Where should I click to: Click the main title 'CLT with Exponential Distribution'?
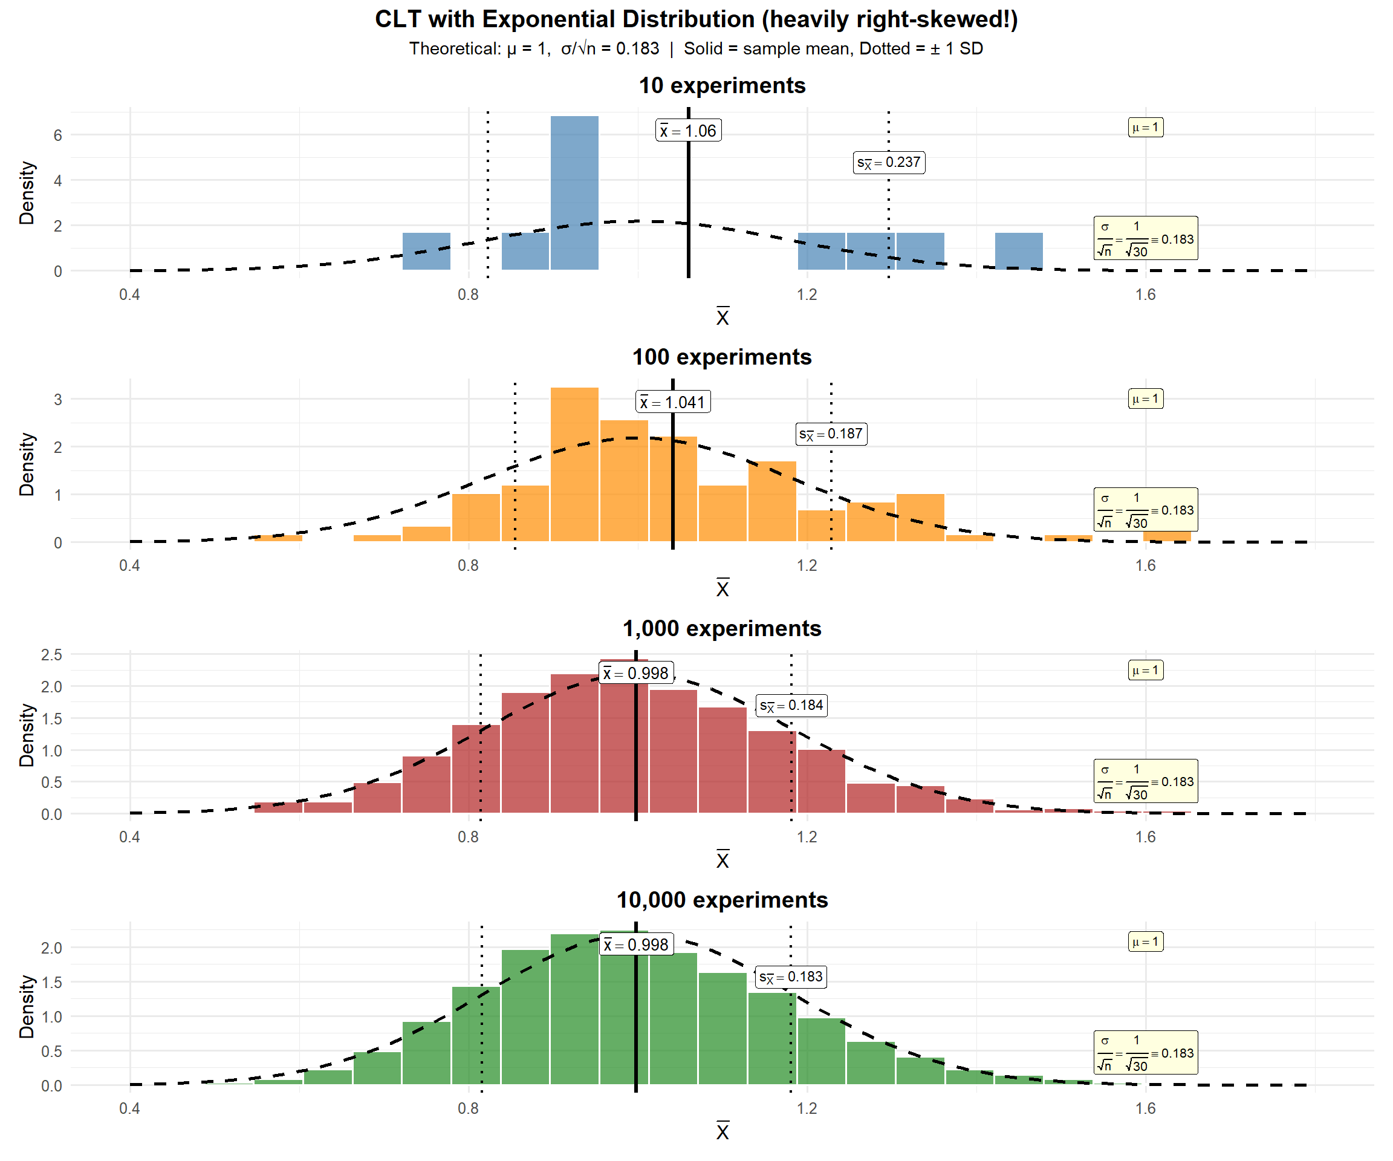[x=696, y=19]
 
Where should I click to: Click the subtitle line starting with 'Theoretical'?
[x=696, y=48]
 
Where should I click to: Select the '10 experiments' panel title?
[x=722, y=86]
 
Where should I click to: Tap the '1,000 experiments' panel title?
[x=722, y=628]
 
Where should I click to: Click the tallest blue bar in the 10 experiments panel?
[x=574, y=192]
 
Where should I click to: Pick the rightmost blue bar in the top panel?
[x=1018, y=252]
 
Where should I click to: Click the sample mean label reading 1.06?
[x=688, y=131]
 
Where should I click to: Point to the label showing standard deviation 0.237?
[x=889, y=163]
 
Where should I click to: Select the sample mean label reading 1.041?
[x=673, y=402]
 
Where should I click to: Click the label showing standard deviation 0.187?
[x=831, y=434]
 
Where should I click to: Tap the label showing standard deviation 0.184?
[x=791, y=705]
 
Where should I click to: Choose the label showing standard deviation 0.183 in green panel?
[x=791, y=977]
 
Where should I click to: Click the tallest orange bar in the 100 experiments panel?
[x=574, y=464]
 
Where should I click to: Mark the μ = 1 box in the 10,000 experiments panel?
[x=1146, y=941]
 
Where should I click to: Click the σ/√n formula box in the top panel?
[x=1146, y=238]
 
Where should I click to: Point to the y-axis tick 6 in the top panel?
[x=57, y=135]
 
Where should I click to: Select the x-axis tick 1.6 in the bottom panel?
[x=1146, y=1108]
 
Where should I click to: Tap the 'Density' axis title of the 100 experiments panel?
[x=27, y=464]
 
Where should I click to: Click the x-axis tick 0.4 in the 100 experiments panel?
[x=129, y=566]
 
